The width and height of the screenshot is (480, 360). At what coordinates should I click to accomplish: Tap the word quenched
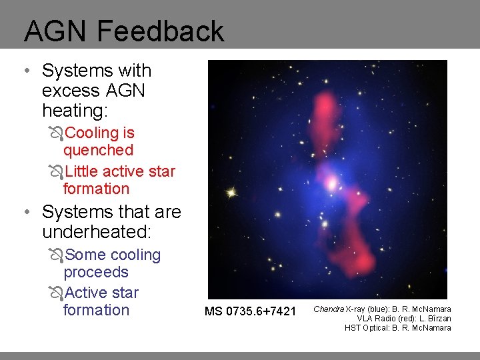[x=98, y=151]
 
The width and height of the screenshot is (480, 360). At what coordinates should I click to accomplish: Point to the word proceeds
[x=95, y=273]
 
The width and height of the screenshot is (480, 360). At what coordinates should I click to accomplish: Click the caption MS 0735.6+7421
[x=251, y=311]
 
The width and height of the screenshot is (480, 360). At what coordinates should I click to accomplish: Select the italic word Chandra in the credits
[x=329, y=309]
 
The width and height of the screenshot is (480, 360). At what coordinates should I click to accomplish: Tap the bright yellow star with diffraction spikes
[x=231, y=193]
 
